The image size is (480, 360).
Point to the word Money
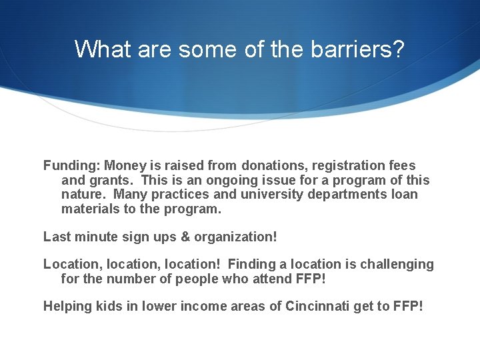click(125, 165)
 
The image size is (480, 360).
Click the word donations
click(273, 165)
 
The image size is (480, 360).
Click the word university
click(283, 195)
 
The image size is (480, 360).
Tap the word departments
click(358, 195)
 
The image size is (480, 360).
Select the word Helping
click(68, 306)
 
